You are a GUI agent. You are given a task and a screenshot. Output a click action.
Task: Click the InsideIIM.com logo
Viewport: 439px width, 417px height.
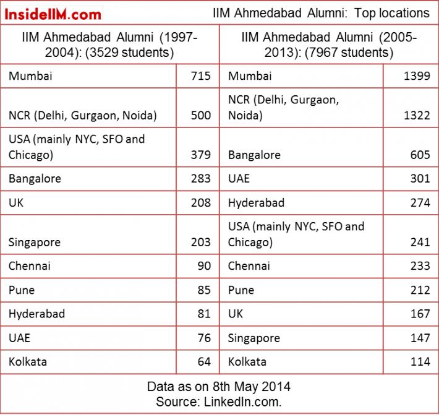pyautogui.click(x=53, y=14)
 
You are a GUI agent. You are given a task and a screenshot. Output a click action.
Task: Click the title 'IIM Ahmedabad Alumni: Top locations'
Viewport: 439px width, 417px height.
pyautogui.click(x=321, y=13)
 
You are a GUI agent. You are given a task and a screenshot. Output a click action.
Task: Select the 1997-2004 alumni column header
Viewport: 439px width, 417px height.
pyautogui.click(x=109, y=45)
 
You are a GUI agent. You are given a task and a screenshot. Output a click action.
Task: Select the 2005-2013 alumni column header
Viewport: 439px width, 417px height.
pyautogui.click(x=329, y=45)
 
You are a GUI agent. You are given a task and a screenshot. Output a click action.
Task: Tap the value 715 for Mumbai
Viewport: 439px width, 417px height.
pyautogui.click(x=201, y=76)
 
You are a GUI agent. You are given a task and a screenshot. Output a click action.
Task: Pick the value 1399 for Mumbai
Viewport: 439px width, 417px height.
pyautogui.click(x=417, y=76)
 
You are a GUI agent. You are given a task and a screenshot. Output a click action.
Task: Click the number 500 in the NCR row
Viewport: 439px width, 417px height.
pyautogui.click(x=201, y=116)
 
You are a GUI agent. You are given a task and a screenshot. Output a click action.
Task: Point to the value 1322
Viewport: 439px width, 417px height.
pyautogui.click(x=417, y=116)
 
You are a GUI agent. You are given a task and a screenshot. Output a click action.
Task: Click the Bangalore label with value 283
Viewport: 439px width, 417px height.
pyautogui.click(x=35, y=179)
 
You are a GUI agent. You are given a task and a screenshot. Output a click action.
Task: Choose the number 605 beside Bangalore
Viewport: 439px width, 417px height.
pyautogui.click(x=420, y=155)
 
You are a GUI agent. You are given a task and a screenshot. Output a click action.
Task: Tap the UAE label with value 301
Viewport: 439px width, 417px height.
pyautogui.click(x=239, y=179)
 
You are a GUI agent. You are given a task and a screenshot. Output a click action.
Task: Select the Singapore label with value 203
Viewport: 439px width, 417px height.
pyautogui.click(x=35, y=243)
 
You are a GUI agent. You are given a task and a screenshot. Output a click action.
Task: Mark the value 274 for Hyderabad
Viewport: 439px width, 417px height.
pyautogui.click(x=420, y=202)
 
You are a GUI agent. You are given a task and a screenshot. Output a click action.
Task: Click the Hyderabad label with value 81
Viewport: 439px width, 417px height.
pyautogui.click(x=36, y=314)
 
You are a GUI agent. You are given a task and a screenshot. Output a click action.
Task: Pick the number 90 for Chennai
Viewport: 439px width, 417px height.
pyautogui.click(x=204, y=266)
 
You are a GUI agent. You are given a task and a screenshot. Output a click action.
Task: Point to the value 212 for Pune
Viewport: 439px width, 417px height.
pyautogui.click(x=420, y=290)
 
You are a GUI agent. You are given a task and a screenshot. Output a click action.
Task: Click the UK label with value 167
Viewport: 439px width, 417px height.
pyautogui.click(x=236, y=314)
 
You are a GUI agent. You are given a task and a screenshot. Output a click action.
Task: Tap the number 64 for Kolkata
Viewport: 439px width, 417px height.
pyautogui.click(x=204, y=362)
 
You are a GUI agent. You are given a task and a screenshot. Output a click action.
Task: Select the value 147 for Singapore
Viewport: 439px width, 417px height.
pyautogui.click(x=420, y=338)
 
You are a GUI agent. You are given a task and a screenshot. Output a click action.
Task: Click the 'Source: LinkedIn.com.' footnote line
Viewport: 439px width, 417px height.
pyautogui.click(x=219, y=402)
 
